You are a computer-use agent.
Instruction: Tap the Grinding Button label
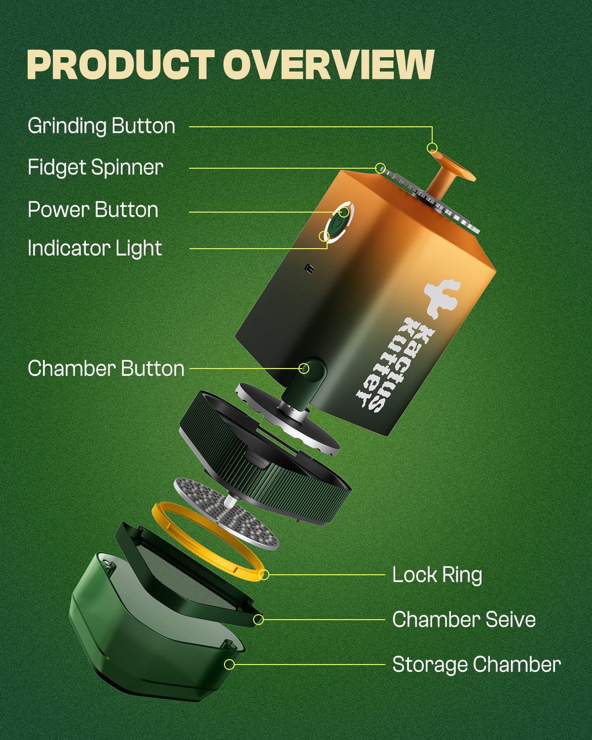[x=102, y=126]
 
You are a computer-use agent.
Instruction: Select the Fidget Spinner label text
[x=95, y=168]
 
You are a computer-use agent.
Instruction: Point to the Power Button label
[x=93, y=210]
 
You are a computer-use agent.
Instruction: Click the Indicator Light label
[x=95, y=248]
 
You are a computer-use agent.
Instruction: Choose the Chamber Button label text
[x=106, y=369]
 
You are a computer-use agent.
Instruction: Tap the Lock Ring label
[x=437, y=575]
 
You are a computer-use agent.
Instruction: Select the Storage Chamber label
[x=477, y=665]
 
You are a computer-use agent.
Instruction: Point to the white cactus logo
[x=441, y=297]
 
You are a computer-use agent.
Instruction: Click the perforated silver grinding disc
[x=227, y=513]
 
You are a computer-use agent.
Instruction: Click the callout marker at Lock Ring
[x=264, y=575]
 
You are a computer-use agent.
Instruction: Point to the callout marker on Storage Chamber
[x=229, y=665]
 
